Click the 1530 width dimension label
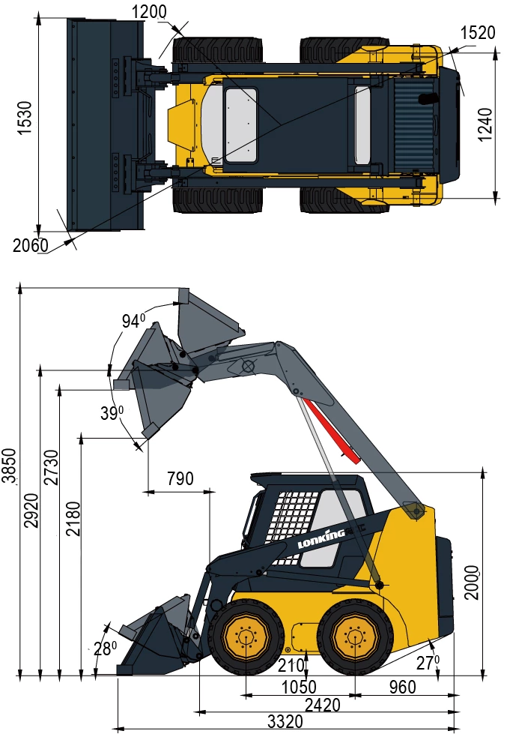tap(24, 118)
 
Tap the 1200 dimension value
tap(149, 12)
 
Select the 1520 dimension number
tap(478, 32)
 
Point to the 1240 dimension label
tap(485, 124)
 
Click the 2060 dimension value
tap(30, 245)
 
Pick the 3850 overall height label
tap(10, 466)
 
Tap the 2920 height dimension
tap(31, 511)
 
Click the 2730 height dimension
tap(52, 468)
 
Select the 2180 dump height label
tap(73, 519)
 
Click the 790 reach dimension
tap(180, 478)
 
